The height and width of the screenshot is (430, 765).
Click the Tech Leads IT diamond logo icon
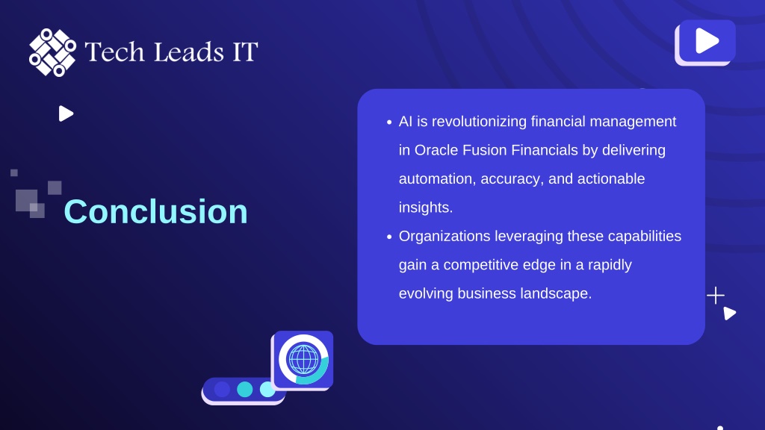click(x=53, y=52)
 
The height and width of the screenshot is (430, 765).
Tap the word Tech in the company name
click(x=114, y=52)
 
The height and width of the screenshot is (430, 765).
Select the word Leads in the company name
click(x=189, y=52)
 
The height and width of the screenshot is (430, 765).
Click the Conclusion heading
click(x=155, y=211)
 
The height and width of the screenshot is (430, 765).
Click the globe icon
click(x=303, y=359)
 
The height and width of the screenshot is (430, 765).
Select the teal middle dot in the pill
click(x=244, y=389)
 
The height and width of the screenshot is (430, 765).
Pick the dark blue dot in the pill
click(x=222, y=389)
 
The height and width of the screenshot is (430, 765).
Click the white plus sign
click(x=715, y=296)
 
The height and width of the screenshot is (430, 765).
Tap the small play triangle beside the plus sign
click(x=729, y=313)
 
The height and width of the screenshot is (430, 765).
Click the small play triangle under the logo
click(x=66, y=113)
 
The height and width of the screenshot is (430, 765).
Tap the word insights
click(x=425, y=208)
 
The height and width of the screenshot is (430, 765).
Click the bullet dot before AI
click(x=388, y=122)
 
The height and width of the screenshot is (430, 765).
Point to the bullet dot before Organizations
click(x=388, y=237)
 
